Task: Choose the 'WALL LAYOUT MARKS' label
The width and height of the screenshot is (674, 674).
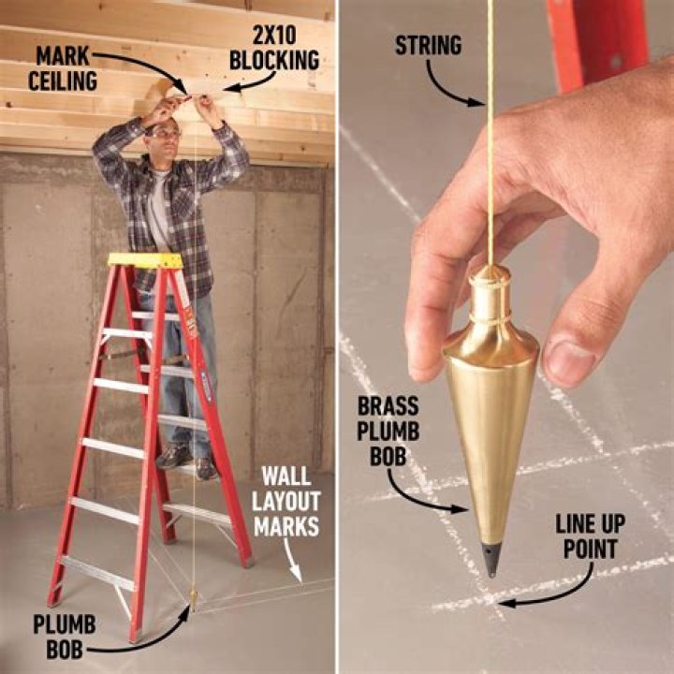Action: tap(286, 504)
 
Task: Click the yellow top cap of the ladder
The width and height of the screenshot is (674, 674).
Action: tap(145, 260)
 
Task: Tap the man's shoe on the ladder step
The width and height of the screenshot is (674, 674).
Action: tap(175, 456)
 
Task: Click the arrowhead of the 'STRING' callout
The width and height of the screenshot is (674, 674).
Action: tap(481, 105)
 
